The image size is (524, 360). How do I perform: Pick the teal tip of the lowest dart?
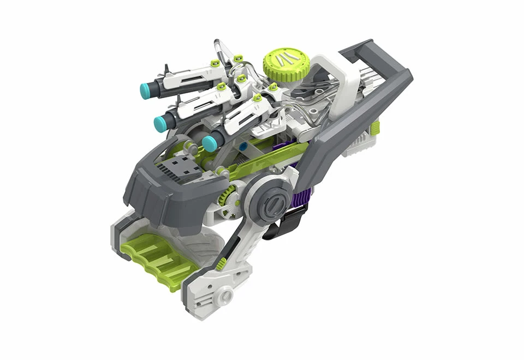click(x=209, y=143)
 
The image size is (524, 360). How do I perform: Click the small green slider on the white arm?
click(x=221, y=265)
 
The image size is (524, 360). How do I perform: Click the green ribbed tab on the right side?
click(x=375, y=129)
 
